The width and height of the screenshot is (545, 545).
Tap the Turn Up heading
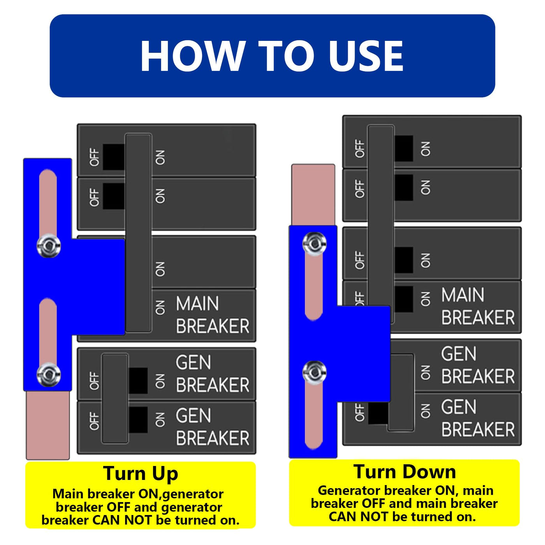coord(141,474)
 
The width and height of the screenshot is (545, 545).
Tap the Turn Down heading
coord(404,472)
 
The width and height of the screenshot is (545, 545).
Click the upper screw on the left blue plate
coord(49,246)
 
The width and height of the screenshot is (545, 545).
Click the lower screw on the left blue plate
coord(49,374)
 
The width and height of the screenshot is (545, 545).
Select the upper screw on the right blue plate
coord(315,244)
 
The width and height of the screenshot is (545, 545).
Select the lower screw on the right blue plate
coord(315,373)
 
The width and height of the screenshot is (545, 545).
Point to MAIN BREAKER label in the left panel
coord(212,315)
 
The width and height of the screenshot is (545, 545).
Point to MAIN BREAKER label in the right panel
coord(478,306)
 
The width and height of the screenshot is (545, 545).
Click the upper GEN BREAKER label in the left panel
coord(212,374)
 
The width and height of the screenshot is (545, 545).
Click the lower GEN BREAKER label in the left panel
coord(212,427)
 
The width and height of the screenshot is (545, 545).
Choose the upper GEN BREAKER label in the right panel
coord(478,365)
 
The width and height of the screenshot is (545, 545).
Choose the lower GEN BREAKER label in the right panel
coord(478,418)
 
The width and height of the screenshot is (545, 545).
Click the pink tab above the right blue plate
coord(313,195)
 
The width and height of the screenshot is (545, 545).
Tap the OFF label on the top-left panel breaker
coord(95,157)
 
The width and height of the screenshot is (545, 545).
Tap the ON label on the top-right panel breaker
coord(425,149)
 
